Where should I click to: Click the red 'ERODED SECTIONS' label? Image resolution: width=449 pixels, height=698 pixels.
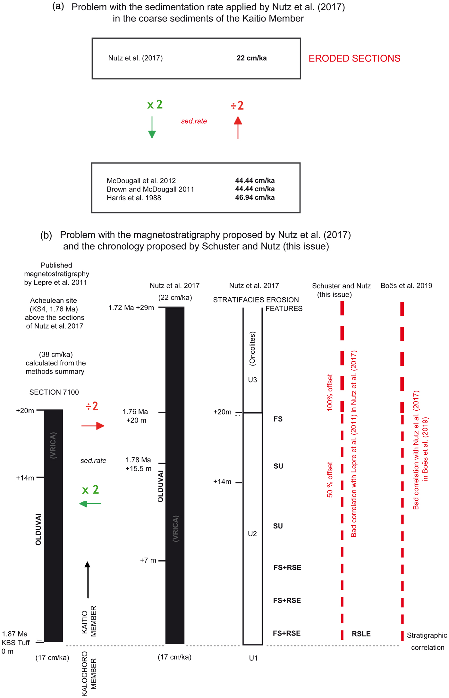point(354,58)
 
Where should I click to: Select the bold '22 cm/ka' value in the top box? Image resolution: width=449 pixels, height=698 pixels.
point(251,58)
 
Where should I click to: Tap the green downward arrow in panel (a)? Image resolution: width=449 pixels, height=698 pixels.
point(152,127)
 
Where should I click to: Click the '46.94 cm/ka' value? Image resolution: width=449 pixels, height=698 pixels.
point(255,197)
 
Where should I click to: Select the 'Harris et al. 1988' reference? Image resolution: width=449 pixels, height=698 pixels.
point(134,198)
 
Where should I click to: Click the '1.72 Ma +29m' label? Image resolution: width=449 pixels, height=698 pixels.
point(131,308)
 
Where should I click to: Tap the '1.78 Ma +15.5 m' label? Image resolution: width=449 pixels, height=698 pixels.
point(138,464)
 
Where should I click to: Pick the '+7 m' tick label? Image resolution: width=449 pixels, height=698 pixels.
point(148,560)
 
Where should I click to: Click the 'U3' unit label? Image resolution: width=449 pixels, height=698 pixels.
point(252,380)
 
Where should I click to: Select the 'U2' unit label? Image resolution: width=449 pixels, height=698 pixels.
point(252,534)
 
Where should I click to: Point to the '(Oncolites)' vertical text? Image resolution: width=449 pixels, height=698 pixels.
point(252,349)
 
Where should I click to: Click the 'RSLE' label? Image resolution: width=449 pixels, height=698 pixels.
point(361,634)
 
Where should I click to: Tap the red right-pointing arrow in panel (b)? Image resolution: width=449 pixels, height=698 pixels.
point(93,426)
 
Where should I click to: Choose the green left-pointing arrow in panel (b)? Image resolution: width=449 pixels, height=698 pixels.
point(90,504)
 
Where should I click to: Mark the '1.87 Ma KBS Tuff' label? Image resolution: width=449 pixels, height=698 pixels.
point(15,638)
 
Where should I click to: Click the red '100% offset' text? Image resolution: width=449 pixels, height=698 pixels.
point(330,392)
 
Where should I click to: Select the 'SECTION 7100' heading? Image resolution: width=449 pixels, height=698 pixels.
point(54,392)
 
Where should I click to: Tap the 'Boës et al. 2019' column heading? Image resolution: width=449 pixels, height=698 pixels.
point(406,285)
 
